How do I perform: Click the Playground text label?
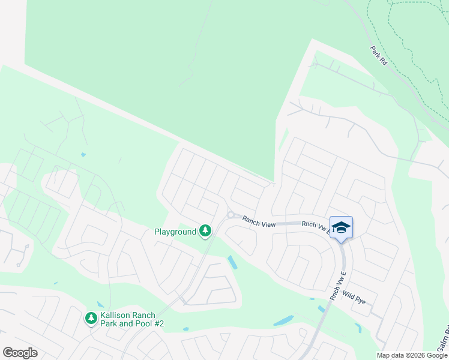point(175,232)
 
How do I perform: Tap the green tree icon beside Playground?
point(205,231)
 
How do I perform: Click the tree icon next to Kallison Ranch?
point(91,318)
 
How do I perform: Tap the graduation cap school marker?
point(341,227)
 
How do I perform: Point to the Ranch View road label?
point(259,222)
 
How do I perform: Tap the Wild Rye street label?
point(354,297)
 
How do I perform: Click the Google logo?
point(20,353)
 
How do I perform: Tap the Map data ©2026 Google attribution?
point(412,355)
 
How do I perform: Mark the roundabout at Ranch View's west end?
point(230,215)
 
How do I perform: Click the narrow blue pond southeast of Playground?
point(232,262)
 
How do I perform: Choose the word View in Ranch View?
point(267,224)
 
